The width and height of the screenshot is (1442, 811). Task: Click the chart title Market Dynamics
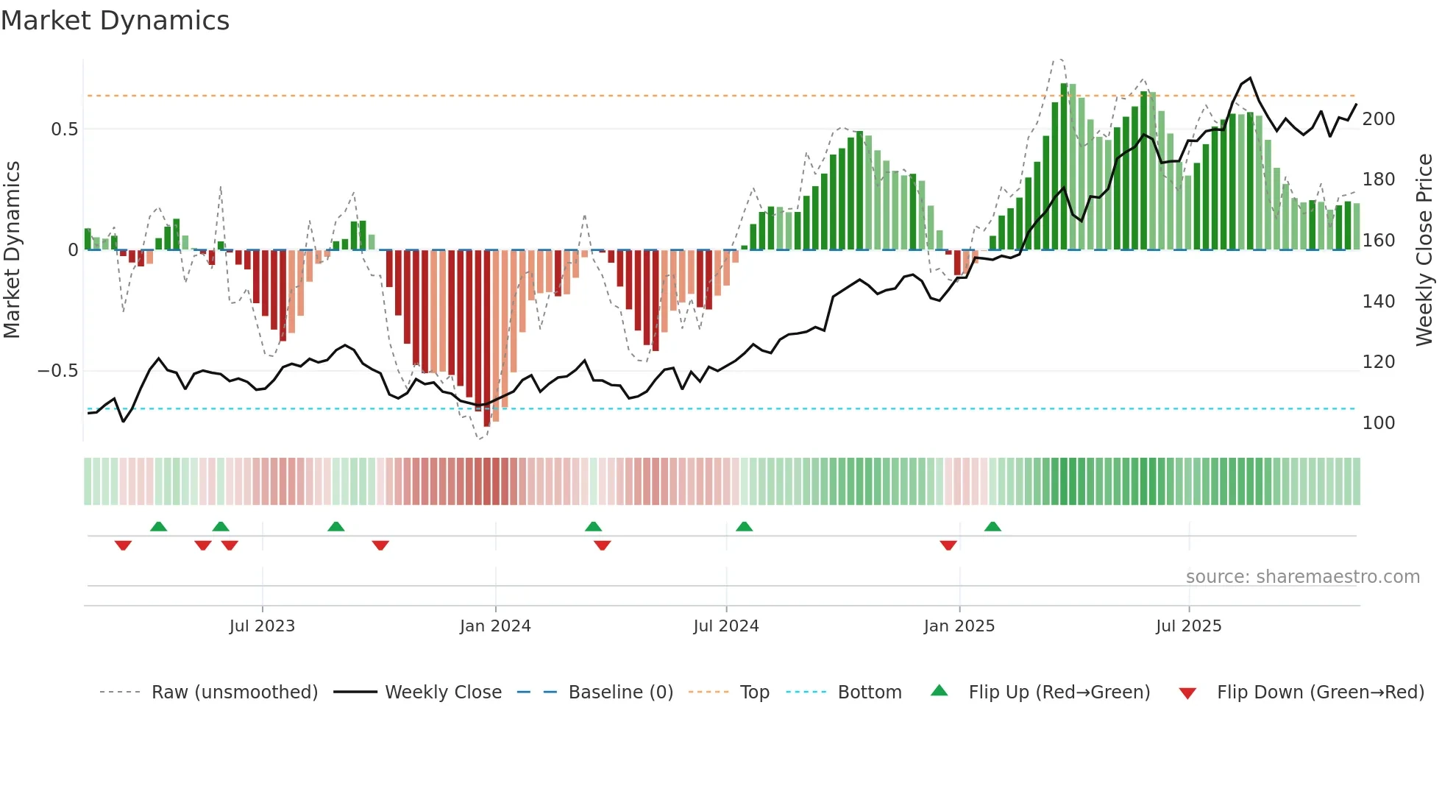pos(115,21)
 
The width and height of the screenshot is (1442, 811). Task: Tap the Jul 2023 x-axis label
pos(262,626)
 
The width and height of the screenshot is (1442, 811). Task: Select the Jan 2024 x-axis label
pos(495,626)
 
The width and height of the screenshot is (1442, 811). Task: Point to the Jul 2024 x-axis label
pos(726,626)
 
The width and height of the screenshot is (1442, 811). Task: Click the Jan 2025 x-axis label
pos(959,626)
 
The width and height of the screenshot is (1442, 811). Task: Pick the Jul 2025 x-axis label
pos(1189,626)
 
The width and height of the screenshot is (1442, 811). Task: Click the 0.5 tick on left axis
pos(64,130)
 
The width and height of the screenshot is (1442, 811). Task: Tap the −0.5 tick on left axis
pos(58,371)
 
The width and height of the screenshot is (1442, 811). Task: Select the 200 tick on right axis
pos(1379,119)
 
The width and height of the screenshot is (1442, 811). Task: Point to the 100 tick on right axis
pos(1379,423)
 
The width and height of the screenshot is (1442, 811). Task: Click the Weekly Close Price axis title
pos(1425,250)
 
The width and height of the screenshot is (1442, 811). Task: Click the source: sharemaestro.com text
pos(1302,577)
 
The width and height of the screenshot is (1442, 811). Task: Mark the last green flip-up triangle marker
pos(992,526)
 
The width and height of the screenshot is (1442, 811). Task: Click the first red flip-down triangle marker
pos(123,545)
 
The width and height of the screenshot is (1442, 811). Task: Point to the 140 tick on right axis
pos(1379,302)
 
